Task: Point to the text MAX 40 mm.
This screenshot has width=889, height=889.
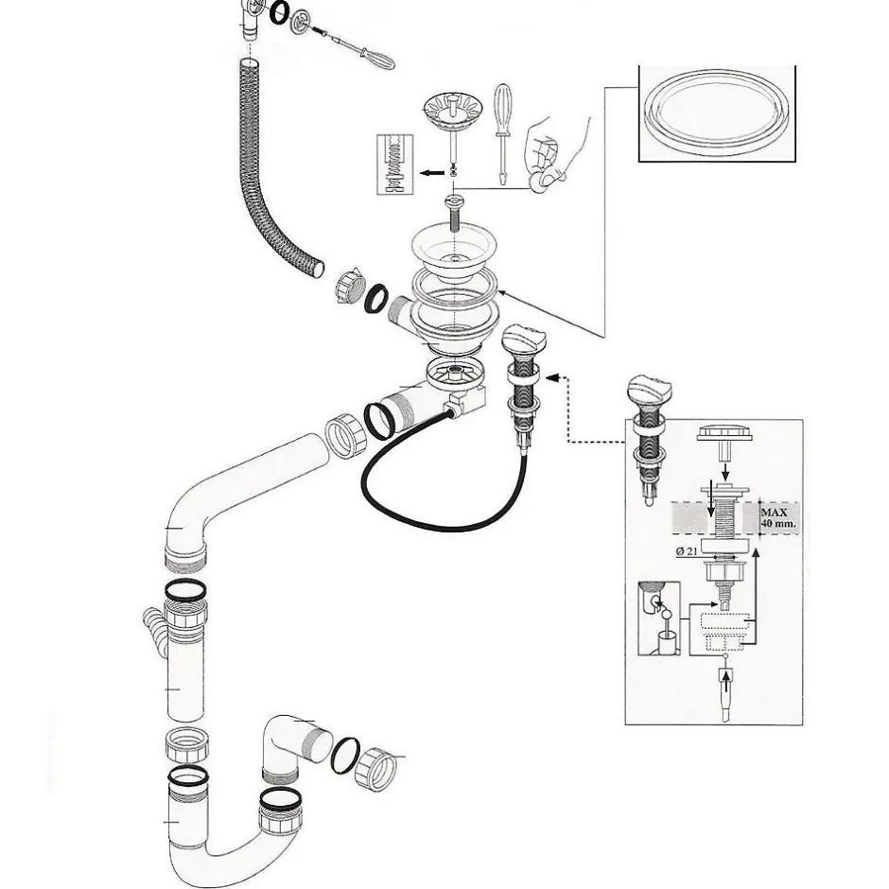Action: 777,517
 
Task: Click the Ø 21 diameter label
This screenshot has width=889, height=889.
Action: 687,550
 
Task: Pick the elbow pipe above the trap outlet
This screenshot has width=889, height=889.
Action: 295,747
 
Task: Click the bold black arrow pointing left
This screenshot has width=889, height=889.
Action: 432,173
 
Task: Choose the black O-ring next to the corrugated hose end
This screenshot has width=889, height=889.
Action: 375,299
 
